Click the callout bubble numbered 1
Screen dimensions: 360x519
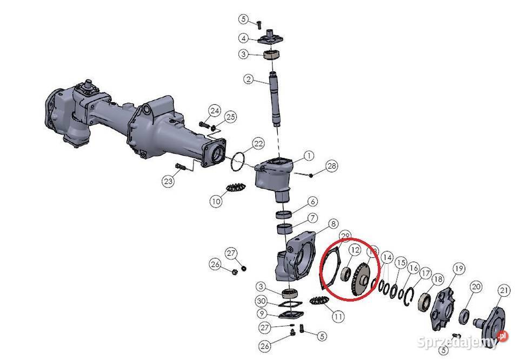click(309, 156)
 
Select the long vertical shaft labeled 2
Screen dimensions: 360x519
click(276, 100)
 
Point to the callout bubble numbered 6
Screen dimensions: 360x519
click(312, 202)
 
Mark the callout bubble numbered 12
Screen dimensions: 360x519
click(354, 250)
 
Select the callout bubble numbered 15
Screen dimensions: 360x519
click(401, 263)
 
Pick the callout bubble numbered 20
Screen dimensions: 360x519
click(476, 286)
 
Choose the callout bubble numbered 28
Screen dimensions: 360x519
click(331, 165)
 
